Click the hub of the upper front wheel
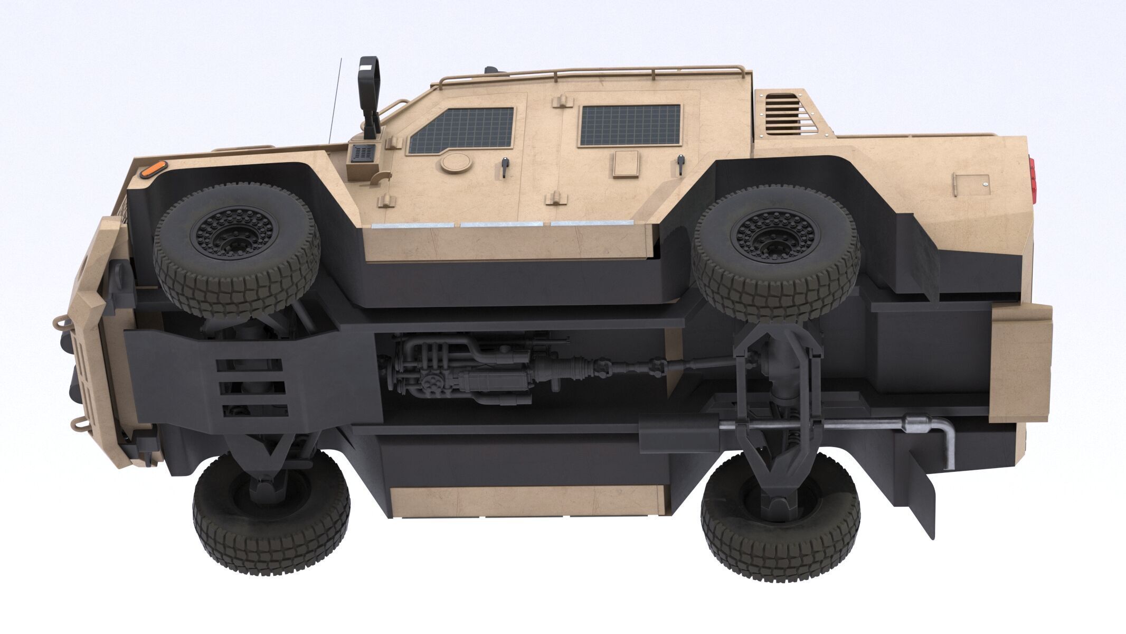click(236, 232)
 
